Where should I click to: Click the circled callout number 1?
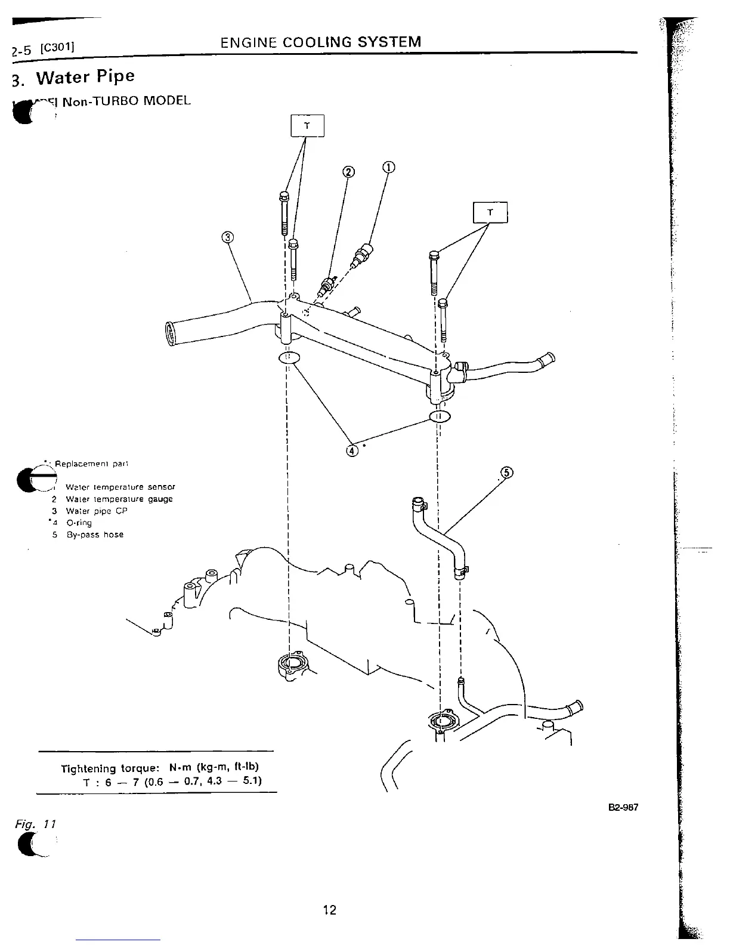[x=388, y=167]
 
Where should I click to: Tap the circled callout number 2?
[x=348, y=172]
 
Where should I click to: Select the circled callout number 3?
[x=227, y=237]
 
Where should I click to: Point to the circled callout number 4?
[x=352, y=450]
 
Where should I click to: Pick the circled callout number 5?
[x=506, y=472]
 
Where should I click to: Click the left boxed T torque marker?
[x=307, y=126]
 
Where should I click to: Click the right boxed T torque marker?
[x=490, y=212]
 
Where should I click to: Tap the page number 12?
[x=329, y=910]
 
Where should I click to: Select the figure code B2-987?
[x=623, y=808]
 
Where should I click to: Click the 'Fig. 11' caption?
[x=35, y=824]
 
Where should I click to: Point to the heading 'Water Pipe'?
[x=85, y=77]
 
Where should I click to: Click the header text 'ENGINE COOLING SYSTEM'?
[x=321, y=42]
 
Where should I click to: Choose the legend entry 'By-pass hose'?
[x=95, y=535]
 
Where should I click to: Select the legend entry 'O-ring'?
[x=79, y=523]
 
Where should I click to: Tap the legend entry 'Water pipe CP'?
[x=96, y=511]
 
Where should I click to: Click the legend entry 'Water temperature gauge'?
[x=119, y=499]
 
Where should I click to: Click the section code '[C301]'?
[x=56, y=47]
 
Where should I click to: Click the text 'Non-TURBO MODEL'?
[x=126, y=100]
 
